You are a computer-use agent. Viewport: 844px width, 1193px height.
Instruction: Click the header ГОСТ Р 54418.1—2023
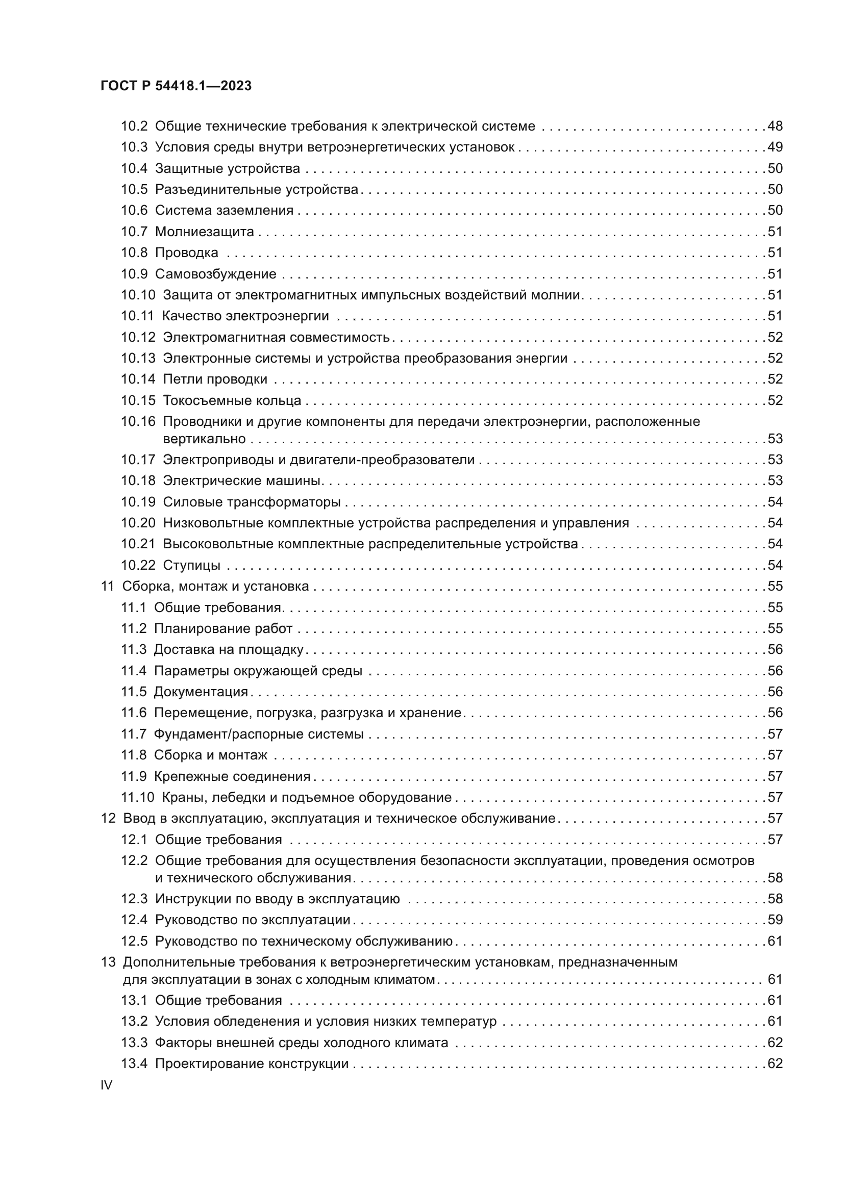[176, 86]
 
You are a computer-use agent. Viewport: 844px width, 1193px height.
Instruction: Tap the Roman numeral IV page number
[106, 1085]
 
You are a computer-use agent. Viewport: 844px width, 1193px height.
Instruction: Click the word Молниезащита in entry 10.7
[204, 232]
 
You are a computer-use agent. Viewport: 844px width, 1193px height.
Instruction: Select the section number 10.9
[134, 274]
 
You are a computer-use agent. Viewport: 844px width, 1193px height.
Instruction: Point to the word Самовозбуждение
[216, 274]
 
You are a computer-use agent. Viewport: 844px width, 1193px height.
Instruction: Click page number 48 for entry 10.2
[775, 126]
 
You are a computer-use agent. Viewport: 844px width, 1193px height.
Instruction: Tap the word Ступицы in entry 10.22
[191, 565]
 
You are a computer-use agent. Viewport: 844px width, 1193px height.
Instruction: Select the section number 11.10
[138, 798]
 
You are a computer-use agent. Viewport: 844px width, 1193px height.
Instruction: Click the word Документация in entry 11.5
[201, 692]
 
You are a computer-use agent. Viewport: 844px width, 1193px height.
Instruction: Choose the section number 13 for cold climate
[108, 962]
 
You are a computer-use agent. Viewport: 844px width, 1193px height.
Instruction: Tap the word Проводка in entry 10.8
[187, 253]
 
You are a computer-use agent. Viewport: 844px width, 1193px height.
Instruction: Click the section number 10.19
[138, 502]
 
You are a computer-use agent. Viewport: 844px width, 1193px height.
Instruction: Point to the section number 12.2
[134, 861]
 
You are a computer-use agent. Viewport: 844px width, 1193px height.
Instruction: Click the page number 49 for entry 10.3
[775, 147]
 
